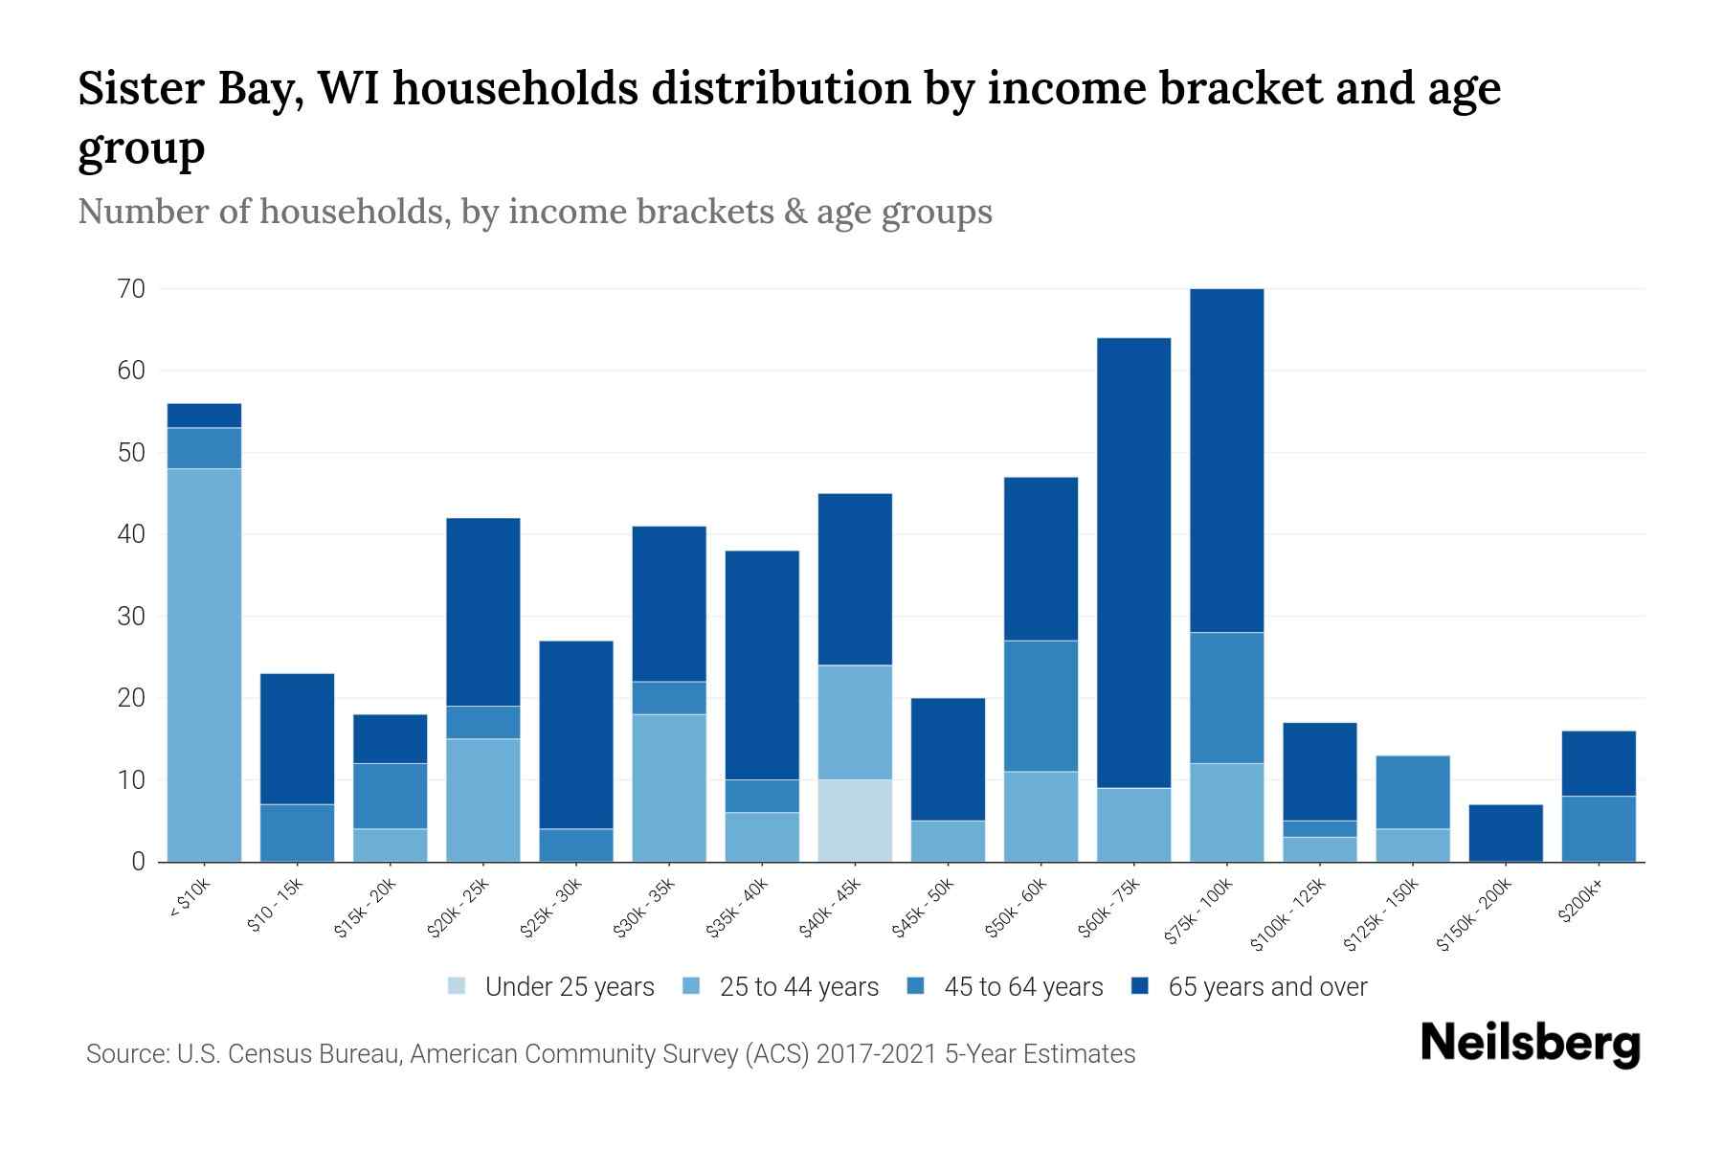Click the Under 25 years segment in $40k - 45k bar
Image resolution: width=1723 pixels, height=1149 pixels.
click(855, 821)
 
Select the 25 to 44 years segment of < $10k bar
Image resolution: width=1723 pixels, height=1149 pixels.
click(204, 665)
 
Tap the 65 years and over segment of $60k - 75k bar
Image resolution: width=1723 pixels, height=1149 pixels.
click(1133, 563)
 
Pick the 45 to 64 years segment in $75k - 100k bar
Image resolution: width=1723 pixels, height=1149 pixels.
click(1226, 697)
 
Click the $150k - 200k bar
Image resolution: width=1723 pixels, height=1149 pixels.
click(1505, 833)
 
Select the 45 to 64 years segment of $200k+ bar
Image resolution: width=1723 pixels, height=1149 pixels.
click(1598, 828)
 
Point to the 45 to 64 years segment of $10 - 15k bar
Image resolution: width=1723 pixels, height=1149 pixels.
click(297, 833)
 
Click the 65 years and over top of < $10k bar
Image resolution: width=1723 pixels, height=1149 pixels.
click(204, 416)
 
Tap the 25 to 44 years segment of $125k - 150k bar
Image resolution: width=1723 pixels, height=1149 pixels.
click(1412, 845)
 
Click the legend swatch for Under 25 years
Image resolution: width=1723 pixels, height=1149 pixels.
click(458, 986)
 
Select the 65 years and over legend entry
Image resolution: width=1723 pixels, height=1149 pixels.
click(1266, 986)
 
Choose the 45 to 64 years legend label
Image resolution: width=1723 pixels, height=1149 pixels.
click(1022, 986)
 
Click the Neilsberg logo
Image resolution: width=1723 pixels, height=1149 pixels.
click(1530, 1044)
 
